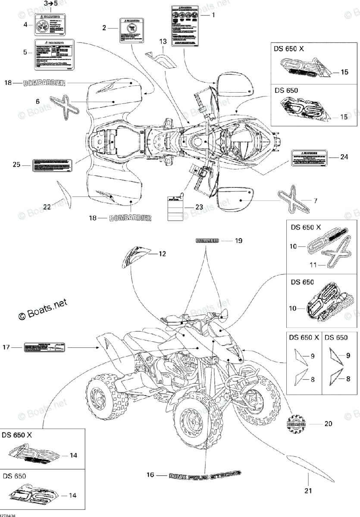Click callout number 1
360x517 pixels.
click(213, 15)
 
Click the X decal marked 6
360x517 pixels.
click(65, 105)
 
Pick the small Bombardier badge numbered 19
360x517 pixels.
click(207, 240)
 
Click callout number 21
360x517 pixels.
click(309, 490)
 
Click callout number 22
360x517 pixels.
click(47, 207)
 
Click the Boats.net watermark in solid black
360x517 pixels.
click(43, 311)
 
